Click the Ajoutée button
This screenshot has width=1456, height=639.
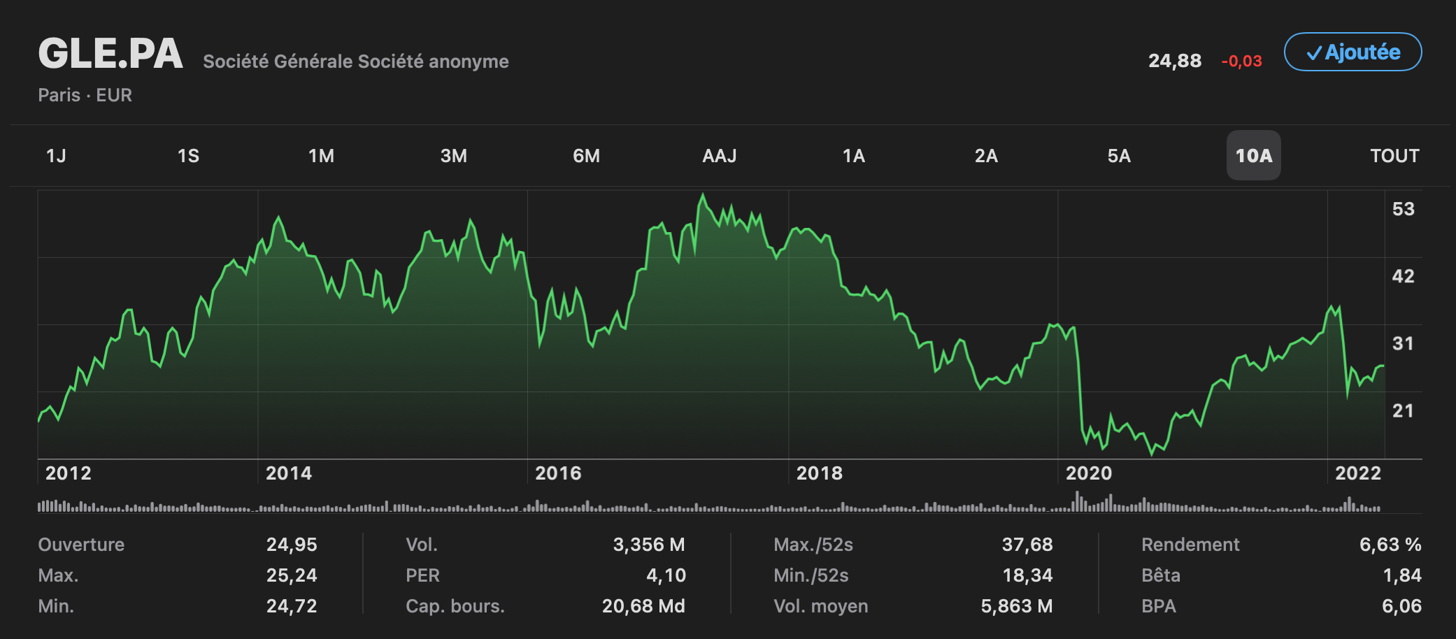pos(1352,52)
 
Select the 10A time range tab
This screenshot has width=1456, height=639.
pos(1253,155)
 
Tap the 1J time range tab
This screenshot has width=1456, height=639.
pos(56,155)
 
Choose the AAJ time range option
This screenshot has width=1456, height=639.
pos(719,155)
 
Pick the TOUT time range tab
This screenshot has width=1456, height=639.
pos(1394,155)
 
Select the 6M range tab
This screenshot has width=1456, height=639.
pos(586,155)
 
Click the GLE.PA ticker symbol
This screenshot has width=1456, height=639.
pos(110,54)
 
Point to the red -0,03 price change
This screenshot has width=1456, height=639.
pos(1241,62)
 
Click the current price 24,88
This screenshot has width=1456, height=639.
pos(1175,61)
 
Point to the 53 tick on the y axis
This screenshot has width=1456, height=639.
pos(1403,208)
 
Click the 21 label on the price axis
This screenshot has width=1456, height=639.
pos(1403,410)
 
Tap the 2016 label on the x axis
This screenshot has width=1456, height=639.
pos(558,473)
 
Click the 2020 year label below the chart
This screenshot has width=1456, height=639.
pos(1088,473)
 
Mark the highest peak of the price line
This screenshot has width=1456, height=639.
pos(703,195)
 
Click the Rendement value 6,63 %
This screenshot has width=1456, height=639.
pos(1390,545)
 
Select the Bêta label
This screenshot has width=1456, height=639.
pos(1161,575)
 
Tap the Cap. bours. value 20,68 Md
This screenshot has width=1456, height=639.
pos(643,606)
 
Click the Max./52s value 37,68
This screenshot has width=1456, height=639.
pos(1027,545)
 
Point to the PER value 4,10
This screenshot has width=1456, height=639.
pos(666,575)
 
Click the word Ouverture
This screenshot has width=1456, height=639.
pos(81,545)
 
